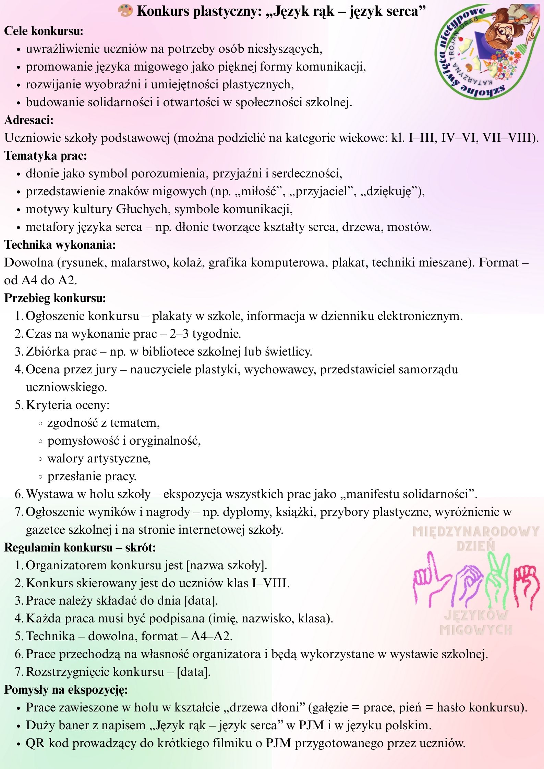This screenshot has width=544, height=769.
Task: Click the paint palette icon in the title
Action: [x=125, y=11]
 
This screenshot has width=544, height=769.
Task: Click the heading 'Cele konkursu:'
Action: [x=44, y=31]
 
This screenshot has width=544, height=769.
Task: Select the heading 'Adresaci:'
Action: [x=29, y=120]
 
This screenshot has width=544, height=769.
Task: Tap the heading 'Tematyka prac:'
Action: [x=46, y=156]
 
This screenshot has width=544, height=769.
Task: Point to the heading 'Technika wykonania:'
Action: [x=60, y=245]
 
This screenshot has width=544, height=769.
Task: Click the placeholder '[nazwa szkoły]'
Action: [x=226, y=565]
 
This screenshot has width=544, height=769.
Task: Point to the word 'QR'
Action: [x=35, y=743]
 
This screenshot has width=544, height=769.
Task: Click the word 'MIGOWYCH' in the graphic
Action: [x=476, y=630]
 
